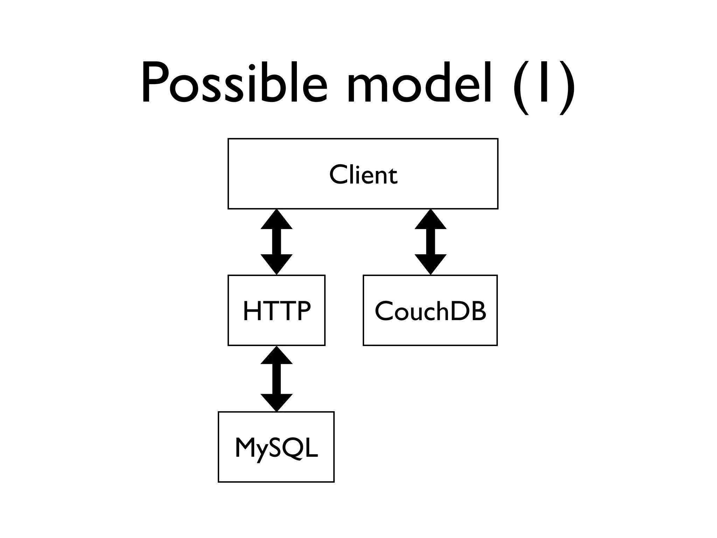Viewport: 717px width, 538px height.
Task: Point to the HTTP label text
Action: pyautogui.click(x=277, y=311)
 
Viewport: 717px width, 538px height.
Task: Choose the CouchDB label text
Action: pyautogui.click(x=430, y=311)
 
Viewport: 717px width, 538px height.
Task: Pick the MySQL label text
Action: pyautogui.click(x=276, y=448)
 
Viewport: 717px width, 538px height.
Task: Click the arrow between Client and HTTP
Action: pyautogui.click(x=277, y=242)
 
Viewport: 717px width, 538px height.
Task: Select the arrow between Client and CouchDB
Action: pyautogui.click(x=430, y=242)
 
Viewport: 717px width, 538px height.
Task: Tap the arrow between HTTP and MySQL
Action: pyautogui.click(x=277, y=379)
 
